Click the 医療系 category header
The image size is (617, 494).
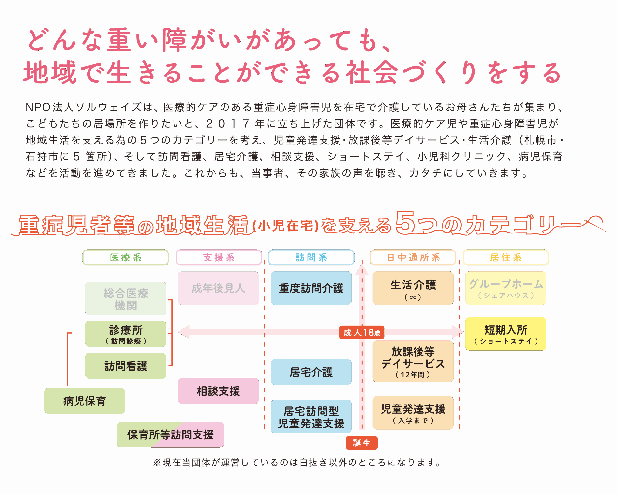click(x=126, y=257)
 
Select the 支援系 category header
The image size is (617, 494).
click(x=219, y=257)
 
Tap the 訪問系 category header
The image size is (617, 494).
click(x=311, y=257)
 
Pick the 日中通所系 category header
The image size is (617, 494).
click(x=413, y=257)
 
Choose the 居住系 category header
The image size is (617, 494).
click(x=506, y=257)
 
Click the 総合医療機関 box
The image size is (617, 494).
click(x=126, y=298)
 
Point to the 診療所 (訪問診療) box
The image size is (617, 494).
click(x=126, y=334)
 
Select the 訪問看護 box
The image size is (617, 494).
click(x=126, y=366)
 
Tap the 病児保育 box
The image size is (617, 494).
click(x=84, y=401)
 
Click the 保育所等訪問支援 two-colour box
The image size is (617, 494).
click(x=170, y=434)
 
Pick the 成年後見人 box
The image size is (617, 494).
click(x=218, y=288)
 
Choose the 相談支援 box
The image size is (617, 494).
click(x=218, y=391)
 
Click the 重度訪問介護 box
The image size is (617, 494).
click(x=311, y=288)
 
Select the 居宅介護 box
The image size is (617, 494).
click(x=311, y=372)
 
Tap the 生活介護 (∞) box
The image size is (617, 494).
click(x=413, y=288)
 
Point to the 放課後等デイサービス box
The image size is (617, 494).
click(x=413, y=361)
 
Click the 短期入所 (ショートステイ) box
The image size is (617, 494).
click(x=506, y=334)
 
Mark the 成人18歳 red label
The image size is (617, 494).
click(x=362, y=332)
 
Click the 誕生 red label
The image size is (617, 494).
click(x=362, y=443)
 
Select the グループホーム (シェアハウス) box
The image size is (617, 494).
click(x=506, y=288)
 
